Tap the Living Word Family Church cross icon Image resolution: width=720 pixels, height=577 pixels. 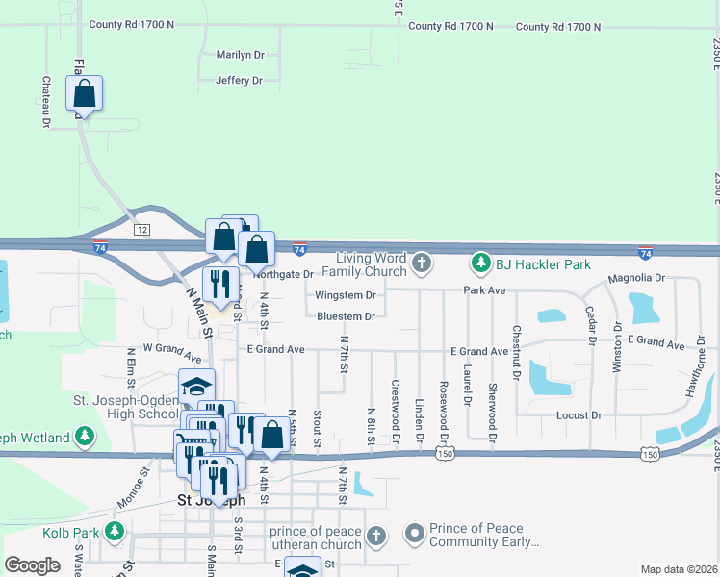tap(421, 262)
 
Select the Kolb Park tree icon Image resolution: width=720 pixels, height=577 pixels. tap(116, 531)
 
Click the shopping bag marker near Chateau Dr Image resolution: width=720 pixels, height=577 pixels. tap(85, 94)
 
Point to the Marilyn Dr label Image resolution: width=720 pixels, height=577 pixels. tap(240, 55)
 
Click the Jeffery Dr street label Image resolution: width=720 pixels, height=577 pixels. tap(240, 81)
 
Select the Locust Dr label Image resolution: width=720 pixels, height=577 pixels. tap(579, 415)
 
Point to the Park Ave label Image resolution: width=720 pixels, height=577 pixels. tap(484, 289)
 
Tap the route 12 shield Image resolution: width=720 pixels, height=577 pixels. tap(142, 229)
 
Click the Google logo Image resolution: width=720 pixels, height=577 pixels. tap(32, 564)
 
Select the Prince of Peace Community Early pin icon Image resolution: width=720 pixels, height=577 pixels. tap(415, 532)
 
